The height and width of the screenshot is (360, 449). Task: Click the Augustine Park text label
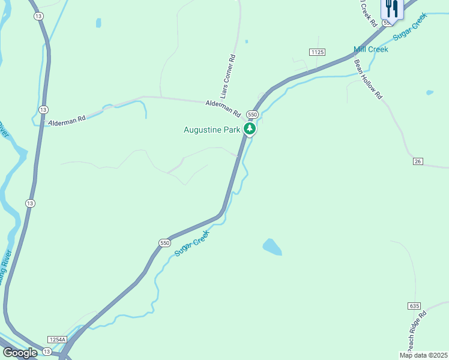212,130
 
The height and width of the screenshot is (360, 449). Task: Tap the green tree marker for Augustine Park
250,128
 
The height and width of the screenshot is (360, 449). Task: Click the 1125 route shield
318,53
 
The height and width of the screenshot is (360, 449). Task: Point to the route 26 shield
418,161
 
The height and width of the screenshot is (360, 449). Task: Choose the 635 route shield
415,306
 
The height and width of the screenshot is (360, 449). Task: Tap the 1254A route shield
56,340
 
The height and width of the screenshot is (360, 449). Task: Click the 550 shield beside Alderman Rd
252,114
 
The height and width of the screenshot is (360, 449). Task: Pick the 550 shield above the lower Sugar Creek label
165,243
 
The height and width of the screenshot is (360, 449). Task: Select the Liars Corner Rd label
227,76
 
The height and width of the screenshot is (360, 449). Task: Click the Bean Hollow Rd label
368,79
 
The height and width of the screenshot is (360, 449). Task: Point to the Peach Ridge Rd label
414,331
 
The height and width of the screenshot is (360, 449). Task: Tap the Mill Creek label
371,49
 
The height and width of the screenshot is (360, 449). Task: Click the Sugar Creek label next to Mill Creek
409,26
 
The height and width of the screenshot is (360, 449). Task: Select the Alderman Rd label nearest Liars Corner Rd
222,109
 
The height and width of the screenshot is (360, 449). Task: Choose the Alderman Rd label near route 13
67,119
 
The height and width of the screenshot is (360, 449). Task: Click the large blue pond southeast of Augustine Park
272,247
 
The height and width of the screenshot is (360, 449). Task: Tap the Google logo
20,353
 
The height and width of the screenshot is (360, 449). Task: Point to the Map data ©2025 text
423,355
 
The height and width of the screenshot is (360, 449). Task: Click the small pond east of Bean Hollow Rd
429,93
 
